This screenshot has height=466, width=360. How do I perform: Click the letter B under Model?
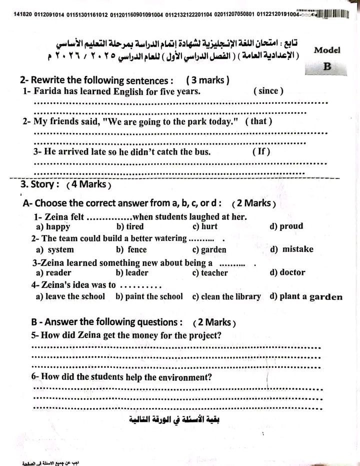(327, 66)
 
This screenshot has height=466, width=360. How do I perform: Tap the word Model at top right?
(327, 50)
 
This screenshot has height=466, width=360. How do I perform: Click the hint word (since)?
(268, 91)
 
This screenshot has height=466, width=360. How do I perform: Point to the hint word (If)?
(261, 151)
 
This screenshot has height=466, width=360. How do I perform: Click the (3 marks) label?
(207, 80)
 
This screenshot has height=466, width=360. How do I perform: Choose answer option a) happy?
(53, 226)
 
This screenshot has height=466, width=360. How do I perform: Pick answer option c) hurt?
(205, 226)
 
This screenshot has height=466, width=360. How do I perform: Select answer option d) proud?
(286, 226)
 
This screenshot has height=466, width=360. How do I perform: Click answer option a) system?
(55, 249)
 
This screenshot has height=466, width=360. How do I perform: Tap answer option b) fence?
(131, 249)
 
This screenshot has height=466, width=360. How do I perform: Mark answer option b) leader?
(132, 272)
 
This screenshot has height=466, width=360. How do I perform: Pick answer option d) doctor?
(287, 272)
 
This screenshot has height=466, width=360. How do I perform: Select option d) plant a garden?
(306, 296)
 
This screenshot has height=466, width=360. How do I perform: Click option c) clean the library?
(226, 296)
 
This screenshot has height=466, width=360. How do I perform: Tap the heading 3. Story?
(40, 184)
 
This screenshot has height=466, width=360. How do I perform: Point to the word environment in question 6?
(181, 377)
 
